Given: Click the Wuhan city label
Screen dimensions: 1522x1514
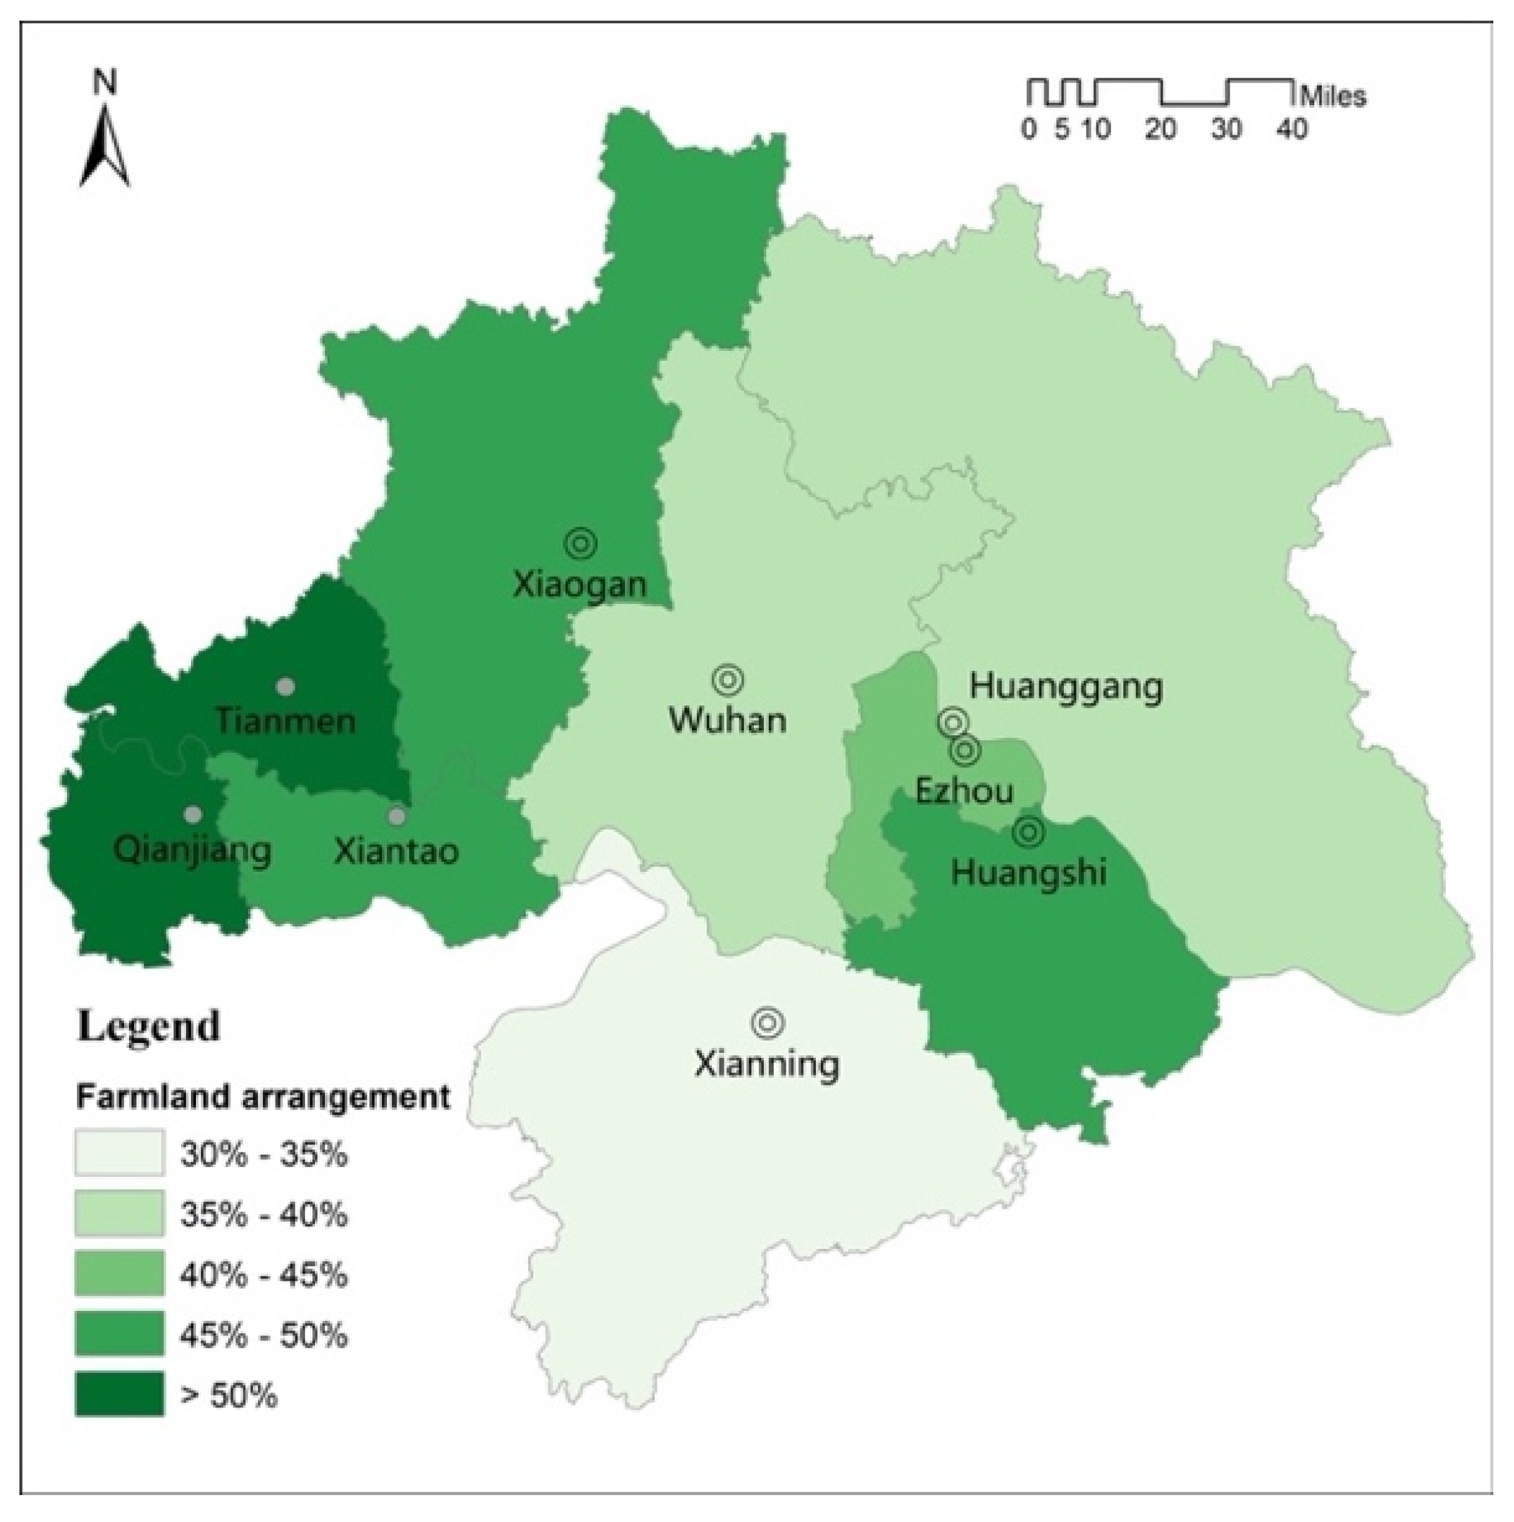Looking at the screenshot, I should click(x=727, y=721).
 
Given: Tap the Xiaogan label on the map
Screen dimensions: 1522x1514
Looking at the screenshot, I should click(x=580, y=584).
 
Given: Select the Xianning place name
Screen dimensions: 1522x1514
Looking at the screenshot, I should click(x=766, y=1064).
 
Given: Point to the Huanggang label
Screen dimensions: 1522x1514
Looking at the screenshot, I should click(x=1066, y=686).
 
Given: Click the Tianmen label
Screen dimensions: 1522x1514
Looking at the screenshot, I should click(x=285, y=721).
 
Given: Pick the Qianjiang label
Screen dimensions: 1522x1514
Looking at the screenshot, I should click(x=193, y=851).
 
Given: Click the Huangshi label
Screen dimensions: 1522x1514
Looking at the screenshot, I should click(x=1029, y=872).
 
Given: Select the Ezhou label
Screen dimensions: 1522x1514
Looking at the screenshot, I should click(x=964, y=790).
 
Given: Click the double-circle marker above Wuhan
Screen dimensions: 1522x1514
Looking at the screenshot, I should click(x=728, y=678).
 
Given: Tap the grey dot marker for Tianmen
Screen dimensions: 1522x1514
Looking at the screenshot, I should click(x=285, y=686).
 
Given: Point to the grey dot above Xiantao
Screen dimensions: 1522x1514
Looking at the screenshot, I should click(x=397, y=816).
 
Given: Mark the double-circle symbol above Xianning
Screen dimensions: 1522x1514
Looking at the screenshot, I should click(x=767, y=1023).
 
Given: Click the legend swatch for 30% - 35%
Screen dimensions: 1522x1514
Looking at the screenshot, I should click(x=120, y=1152).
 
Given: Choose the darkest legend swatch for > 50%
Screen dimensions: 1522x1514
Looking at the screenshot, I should click(x=120, y=1394).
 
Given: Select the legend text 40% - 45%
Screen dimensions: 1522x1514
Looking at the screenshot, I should click(x=263, y=1274).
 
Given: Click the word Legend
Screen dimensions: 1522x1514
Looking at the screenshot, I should click(x=148, y=1027).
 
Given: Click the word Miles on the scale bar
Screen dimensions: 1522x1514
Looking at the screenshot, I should click(x=1333, y=96).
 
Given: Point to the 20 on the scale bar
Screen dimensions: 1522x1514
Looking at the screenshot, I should click(x=1160, y=128).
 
